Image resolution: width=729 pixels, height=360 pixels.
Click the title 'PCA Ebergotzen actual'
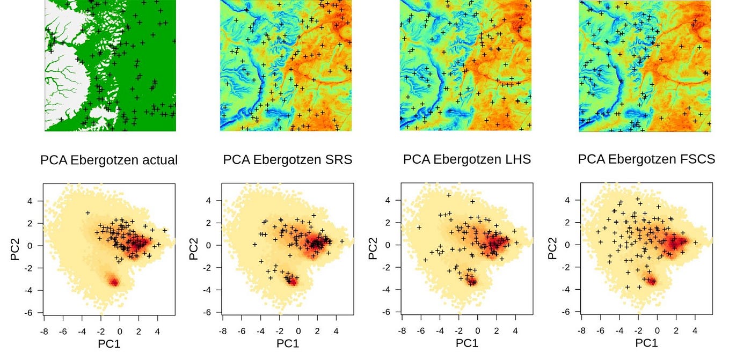[x=109, y=160]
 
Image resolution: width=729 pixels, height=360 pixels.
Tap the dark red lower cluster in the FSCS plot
[x=651, y=281]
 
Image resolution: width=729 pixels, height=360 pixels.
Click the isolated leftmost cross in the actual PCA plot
[x=88, y=213]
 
